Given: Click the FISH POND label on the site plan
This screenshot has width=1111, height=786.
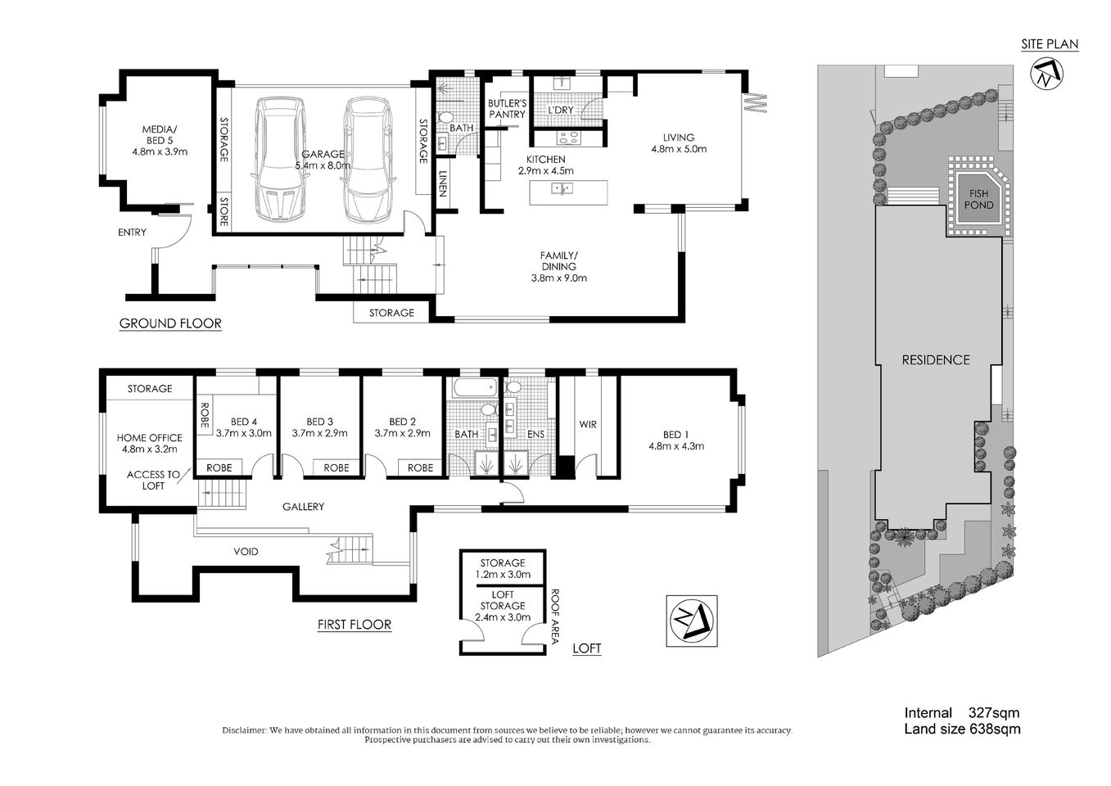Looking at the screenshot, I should [x=978, y=199].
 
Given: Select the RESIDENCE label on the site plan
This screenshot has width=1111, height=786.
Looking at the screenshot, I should [x=936, y=359].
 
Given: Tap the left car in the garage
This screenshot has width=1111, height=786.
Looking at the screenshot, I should [x=279, y=160].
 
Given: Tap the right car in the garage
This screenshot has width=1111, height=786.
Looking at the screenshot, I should [x=364, y=160].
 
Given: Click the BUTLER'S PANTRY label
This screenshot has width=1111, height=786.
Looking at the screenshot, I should [x=507, y=109].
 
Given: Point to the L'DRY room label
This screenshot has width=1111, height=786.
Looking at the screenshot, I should [x=561, y=111].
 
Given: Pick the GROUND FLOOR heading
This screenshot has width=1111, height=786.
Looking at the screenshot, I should [x=170, y=323].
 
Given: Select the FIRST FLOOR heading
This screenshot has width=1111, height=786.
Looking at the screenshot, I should [x=354, y=625].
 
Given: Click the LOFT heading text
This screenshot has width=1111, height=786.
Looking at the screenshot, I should [x=586, y=648].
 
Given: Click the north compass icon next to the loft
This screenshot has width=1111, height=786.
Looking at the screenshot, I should [x=691, y=621].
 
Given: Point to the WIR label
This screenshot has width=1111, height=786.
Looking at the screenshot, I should [x=588, y=424].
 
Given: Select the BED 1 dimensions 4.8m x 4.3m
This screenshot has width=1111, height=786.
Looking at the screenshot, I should [x=676, y=446].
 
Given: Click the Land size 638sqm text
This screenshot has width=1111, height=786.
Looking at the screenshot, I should [x=962, y=729].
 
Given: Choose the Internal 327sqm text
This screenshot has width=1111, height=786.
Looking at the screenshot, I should [x=962, y=713].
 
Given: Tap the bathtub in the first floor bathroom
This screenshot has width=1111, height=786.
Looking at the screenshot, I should [x=473, y=387].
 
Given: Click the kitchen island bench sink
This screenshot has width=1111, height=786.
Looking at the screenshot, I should [x=562, y=189].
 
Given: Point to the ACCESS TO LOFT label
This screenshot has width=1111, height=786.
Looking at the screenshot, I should [x=153, y=480].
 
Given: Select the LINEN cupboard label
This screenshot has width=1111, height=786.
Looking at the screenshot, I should [x=443, y=184].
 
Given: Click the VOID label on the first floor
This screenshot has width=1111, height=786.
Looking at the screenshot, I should [x=246, y=552].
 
